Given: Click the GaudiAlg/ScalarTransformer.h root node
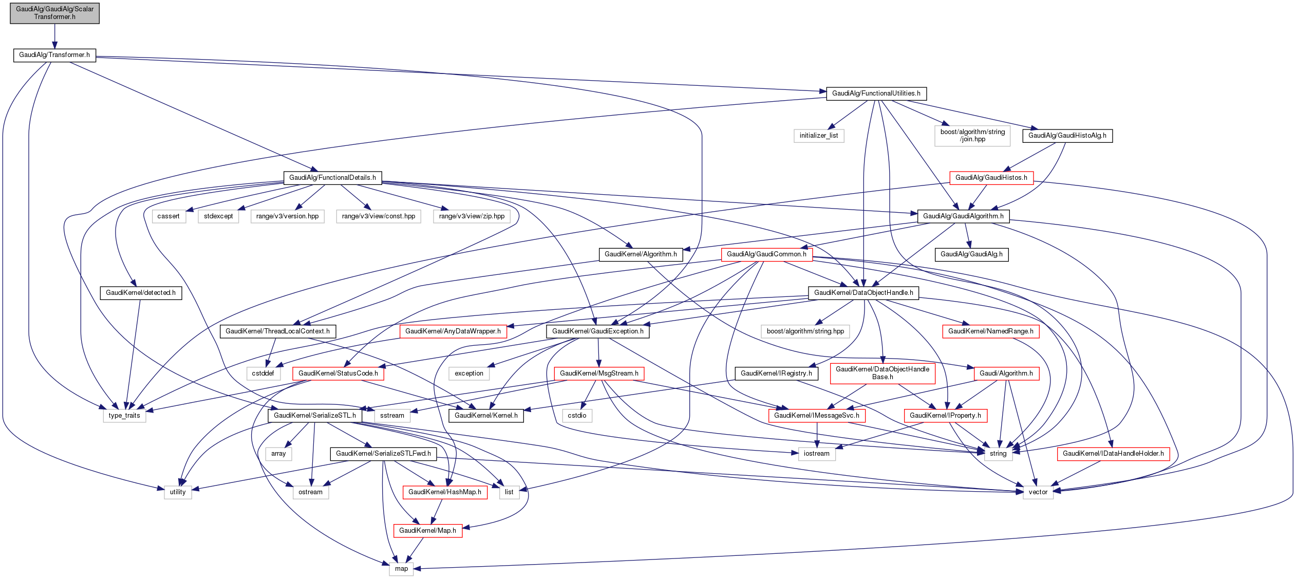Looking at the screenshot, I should [x=54, y=13].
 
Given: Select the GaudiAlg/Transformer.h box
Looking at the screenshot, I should [x=54, y=55].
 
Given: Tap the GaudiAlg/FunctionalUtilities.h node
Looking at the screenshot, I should [x=876, y=94].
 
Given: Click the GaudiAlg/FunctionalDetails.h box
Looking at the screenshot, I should [x=332, y=178].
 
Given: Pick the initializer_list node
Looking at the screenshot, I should [x=818, y=136].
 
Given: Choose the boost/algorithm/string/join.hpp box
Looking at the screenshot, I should [x=972, y=136].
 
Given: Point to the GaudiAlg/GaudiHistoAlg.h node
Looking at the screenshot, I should [x=1067, y=136].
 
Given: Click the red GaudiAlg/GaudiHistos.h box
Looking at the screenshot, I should [x=991, y=178].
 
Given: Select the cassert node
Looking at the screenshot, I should [x=168, y=216].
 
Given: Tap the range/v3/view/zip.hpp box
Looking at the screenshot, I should [x=472, y=216].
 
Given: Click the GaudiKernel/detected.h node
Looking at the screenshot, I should [x=140, y=293].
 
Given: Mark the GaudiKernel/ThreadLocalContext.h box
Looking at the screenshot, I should [x=277, y=331].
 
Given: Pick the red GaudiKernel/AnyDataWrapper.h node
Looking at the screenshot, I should [x=453, y=331].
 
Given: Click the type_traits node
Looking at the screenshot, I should [x=124, y=416].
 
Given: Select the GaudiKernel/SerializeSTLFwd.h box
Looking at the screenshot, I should [x=383, y=454].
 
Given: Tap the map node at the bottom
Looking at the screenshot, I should [x=401, y=569].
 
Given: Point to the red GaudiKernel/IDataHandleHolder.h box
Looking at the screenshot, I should [x=1113, y=454].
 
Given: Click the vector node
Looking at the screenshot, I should [x=1038, y=492].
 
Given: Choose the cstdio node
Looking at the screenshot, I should [x=577, y=416].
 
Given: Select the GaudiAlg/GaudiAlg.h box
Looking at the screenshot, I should [x=971, y=254].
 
